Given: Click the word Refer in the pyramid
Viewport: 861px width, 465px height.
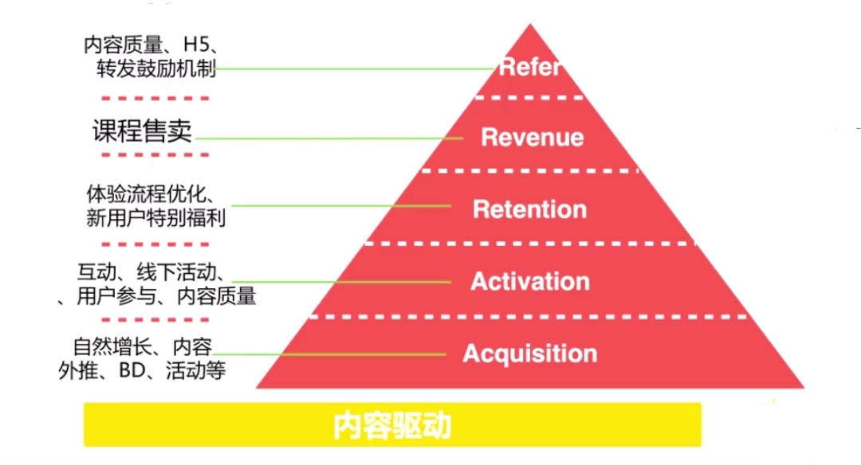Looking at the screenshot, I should [x=529, y=66].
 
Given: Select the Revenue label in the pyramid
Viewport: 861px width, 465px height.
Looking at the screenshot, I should [x=532, y=137].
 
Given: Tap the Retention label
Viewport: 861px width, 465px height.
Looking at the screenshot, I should [x=529, y=209].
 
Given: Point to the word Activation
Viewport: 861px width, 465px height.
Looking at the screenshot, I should [x=530, y=281].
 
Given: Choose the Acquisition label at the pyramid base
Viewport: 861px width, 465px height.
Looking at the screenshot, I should [x=530, y=354].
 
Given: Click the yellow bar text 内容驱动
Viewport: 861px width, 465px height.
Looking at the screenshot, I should [x=392, y=426].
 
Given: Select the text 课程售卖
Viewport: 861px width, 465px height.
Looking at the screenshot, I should [x=143, y=131].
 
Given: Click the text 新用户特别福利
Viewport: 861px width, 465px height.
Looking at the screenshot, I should [x=155, y=217].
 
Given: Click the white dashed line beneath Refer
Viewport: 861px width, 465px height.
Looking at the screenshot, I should [x=529, y=97].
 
